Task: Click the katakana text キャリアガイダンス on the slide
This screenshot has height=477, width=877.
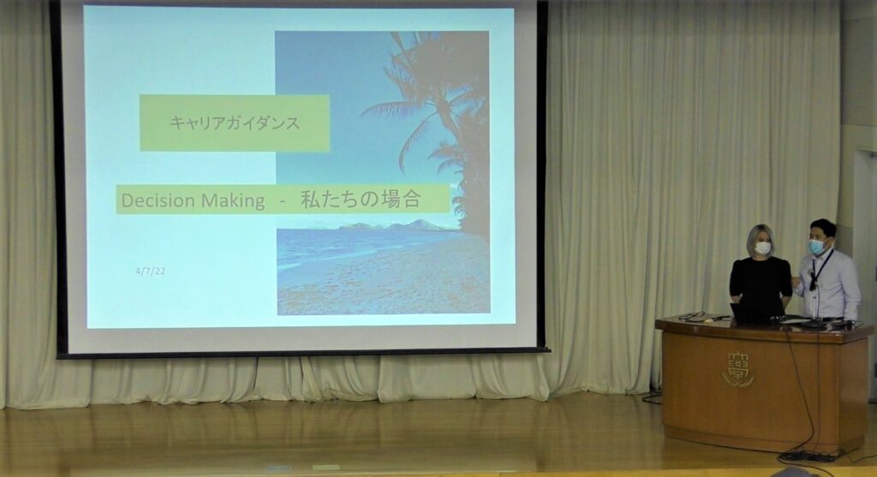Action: click(235, 122)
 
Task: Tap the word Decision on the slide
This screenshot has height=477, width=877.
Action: click(158, 200)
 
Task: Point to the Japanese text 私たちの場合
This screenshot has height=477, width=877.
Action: click(361, 199)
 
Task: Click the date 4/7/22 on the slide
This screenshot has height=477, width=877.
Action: click(151, 271)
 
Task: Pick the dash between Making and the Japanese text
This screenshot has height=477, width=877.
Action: click(283, 202)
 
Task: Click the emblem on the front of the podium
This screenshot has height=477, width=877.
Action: click(738, 369)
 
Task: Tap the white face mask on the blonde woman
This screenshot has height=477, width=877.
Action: click(763, 247)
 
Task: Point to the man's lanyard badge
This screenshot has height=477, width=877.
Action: click(812, 283)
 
